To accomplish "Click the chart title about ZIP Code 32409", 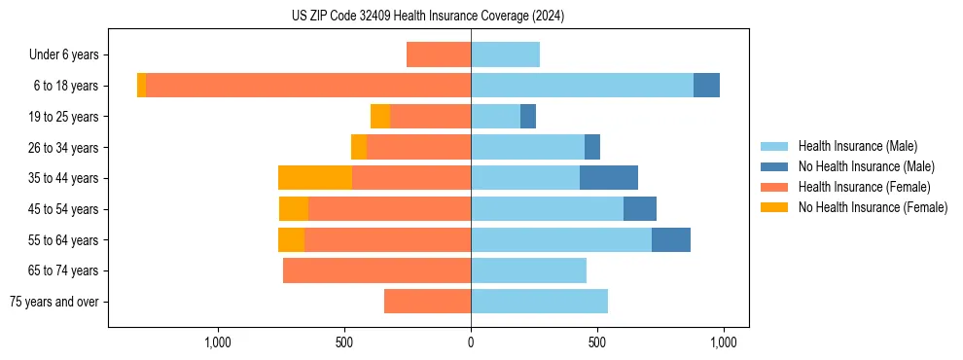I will (428, 17).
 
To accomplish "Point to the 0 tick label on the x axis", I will (471, 342).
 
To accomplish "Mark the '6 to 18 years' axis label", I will (64, 86).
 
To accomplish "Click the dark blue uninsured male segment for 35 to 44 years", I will (609, 178).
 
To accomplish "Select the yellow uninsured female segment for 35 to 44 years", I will (315, 178).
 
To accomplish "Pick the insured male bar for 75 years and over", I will (539, 302).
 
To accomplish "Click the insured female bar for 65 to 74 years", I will (376, 270).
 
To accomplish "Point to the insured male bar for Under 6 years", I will (505, 54).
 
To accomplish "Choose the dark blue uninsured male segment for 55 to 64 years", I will (671, 239).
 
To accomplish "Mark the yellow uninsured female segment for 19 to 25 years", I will (380, 117).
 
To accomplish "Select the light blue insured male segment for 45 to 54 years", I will (547, 209).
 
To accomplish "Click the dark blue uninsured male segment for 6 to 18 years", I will (706, 86).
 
